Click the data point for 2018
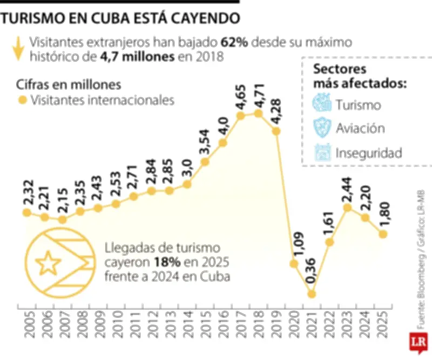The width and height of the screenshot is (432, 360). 258,113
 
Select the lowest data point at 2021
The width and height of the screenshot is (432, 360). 312,294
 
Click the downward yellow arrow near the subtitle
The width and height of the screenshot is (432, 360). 18,49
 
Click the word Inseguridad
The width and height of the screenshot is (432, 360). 369,153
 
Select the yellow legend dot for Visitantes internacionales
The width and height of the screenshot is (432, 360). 22,100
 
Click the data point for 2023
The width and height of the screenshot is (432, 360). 347,208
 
